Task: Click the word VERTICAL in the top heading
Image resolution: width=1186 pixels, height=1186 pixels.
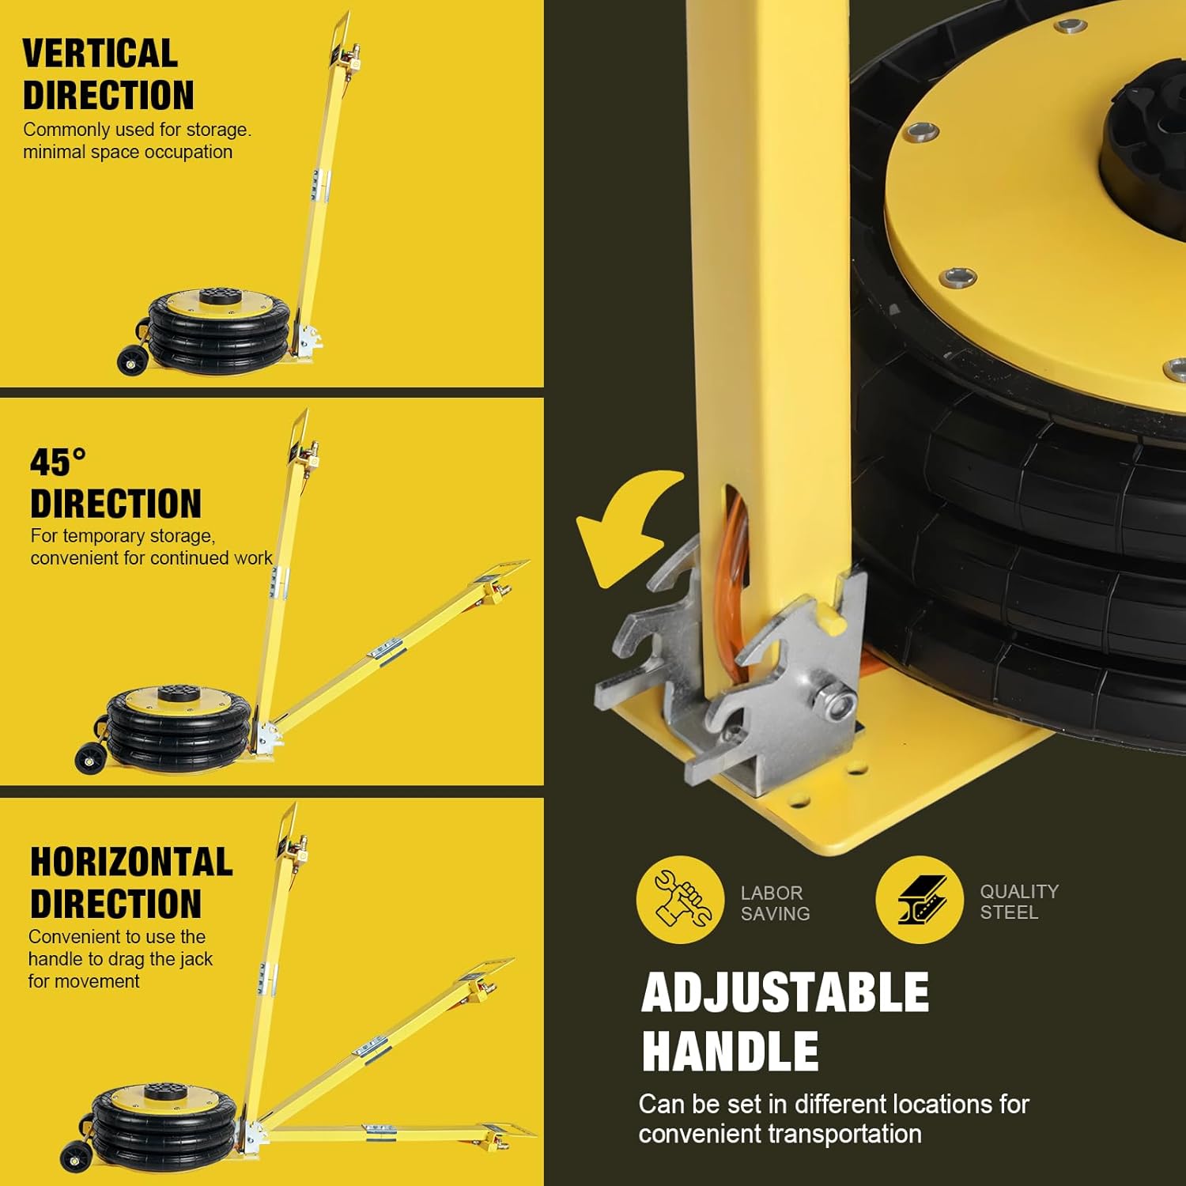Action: (x=100, y=54)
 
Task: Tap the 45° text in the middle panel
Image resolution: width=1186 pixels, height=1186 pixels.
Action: (x=58, y=462)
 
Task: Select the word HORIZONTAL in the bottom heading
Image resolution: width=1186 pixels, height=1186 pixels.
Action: (x=131, y=862)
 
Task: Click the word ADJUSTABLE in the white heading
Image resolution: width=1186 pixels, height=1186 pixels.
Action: (x=785, y=992)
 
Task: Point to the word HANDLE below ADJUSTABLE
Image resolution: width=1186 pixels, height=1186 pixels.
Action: (x=730, y=1051)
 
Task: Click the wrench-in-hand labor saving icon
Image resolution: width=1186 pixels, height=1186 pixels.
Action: (x=680, y=900)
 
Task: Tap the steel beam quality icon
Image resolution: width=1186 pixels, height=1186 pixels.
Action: (x=920, y=900)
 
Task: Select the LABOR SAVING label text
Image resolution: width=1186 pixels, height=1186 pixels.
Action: (x=775, y=903)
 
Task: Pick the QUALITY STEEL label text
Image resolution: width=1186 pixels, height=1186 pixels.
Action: (x=1019, y=901)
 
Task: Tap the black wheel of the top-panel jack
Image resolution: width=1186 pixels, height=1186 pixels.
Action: (x=131, y=362)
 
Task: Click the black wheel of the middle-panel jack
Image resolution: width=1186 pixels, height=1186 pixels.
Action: (x=89, y=760)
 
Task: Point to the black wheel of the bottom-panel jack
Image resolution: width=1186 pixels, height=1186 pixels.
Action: (x=74, y=1158)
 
